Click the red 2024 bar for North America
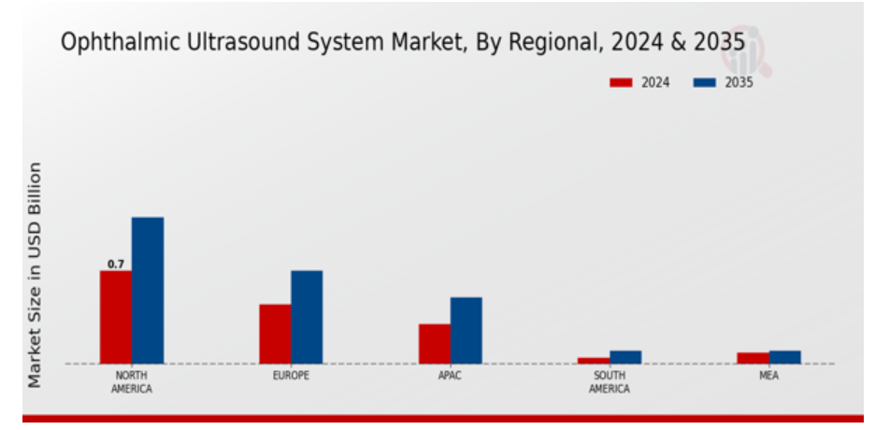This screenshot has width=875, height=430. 116,317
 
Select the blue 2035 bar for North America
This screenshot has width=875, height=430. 148,290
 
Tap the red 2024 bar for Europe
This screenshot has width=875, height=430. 275,334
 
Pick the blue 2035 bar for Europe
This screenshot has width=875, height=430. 307,317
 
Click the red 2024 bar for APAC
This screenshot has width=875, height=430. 435,344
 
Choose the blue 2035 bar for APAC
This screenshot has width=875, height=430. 466,330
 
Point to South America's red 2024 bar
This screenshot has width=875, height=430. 594,360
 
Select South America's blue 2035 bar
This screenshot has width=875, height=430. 625,357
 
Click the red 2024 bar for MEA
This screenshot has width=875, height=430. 753,358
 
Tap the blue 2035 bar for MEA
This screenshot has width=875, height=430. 785,357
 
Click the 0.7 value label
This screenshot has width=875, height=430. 116,265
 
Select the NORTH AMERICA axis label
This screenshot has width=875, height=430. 132,381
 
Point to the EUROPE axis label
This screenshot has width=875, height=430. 291,376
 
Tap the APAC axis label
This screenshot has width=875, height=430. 451,376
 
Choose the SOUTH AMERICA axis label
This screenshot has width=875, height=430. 610,381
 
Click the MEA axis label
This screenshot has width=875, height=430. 769,376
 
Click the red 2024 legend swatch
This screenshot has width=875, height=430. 622,82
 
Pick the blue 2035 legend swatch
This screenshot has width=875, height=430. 704,82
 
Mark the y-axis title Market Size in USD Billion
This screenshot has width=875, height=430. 35,275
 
